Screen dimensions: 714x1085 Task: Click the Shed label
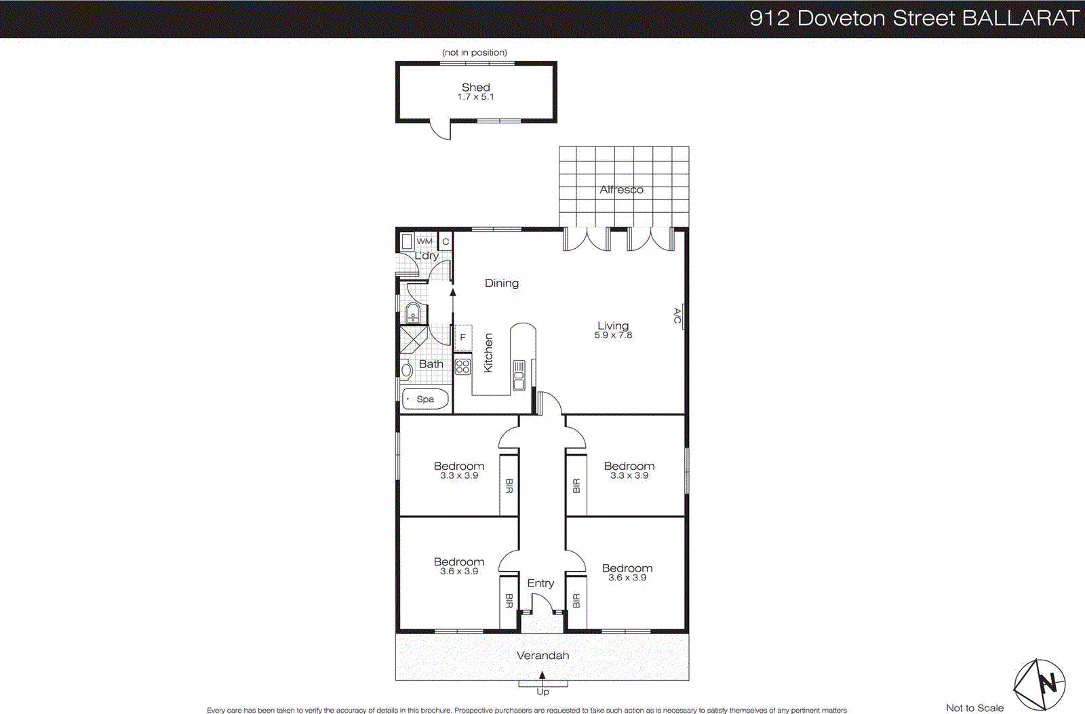475,87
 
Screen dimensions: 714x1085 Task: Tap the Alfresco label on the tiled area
621,190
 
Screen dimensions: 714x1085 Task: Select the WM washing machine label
425,241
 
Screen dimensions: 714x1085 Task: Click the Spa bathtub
425,399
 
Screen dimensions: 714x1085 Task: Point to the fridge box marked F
463,337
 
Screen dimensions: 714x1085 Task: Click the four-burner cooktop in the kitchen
463,367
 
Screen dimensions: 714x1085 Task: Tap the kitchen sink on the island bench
519,376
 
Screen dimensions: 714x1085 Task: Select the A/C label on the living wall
677,316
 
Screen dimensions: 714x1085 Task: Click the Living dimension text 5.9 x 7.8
613,335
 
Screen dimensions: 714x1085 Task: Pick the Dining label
502,283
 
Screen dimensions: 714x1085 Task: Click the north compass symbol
1040,684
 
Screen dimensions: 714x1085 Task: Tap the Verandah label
542,655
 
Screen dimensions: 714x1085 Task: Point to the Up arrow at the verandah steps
542,676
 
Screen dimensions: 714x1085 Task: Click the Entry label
540,583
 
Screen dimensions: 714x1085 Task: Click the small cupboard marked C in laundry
446,241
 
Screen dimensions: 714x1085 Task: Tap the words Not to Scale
974,708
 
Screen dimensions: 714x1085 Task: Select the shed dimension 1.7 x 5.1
475,97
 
